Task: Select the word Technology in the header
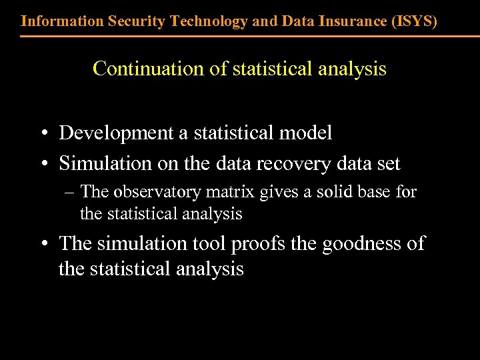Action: tap(209, 21)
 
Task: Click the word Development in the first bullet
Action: tap(117, 133)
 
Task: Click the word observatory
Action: tap(157, 192)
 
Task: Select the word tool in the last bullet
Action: tap(211, 243)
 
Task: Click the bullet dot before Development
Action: tap(43, 133)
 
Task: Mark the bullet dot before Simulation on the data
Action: tap(43, 163)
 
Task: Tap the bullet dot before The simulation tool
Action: tap(43, 244)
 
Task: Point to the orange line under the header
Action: tap(240, 35)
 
